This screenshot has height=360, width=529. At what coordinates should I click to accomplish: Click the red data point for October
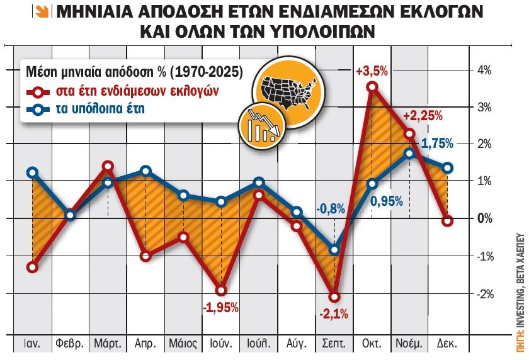click(372, 86)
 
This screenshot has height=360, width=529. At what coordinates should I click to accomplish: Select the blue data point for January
click(32, 172)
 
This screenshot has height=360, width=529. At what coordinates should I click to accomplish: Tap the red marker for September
click(334, 296)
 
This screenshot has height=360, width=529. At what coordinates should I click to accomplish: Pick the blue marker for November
click(409, 153)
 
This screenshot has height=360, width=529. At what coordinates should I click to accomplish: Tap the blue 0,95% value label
click(387, 202)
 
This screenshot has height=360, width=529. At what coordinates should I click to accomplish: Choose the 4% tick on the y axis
click(484, 70)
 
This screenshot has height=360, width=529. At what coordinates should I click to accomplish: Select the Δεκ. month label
click(447, 345)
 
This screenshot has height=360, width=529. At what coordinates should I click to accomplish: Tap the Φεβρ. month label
click(70, 345)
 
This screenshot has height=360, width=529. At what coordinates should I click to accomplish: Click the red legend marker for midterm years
click(40, 91)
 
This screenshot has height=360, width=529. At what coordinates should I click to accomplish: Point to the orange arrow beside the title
click(45, 13)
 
